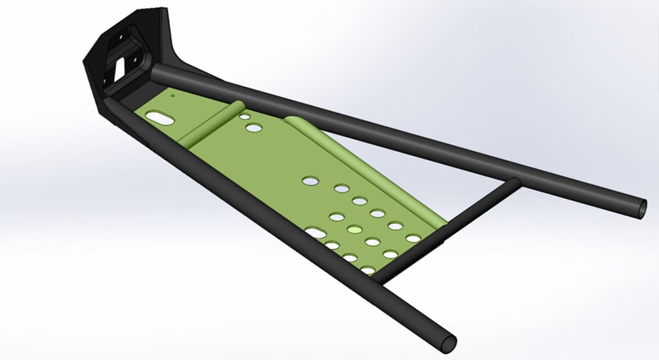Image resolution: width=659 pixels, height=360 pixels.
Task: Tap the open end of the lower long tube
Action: [x=448, y=344]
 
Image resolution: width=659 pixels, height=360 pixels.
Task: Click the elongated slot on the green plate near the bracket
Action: [x=160, y=117]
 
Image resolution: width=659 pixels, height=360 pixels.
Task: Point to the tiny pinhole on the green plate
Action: [x=172, y=95]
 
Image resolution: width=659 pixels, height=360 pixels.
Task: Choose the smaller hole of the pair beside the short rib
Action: [x=244, y=117]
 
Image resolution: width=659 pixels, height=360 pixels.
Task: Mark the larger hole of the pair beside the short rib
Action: [x=254, y=128]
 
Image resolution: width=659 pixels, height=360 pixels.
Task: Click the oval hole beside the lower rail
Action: [x=316, y=233]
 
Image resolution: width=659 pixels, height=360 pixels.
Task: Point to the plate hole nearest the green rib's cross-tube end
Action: [x=414, y=238]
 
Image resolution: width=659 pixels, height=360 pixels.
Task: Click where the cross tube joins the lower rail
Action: [x=379, y=279]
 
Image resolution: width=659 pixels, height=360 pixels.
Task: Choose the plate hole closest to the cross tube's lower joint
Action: [x=368, y=270]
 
